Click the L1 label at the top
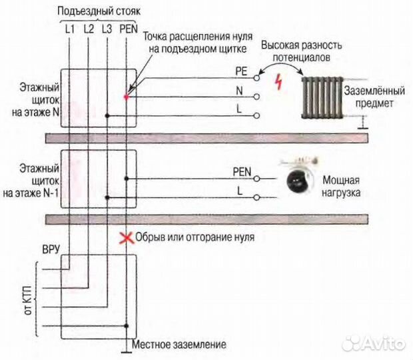[x=70, y=29]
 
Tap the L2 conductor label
[x=89, y=29]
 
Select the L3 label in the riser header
[x=107, y=29]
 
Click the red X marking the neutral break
[x=123, y=237]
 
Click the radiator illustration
[x=321, y=97]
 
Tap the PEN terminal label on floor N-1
[x=242, y=171]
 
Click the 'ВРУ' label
[x=51, y=249]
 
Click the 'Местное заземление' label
[x=179, y=345]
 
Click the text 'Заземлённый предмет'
[x=369, y=97]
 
